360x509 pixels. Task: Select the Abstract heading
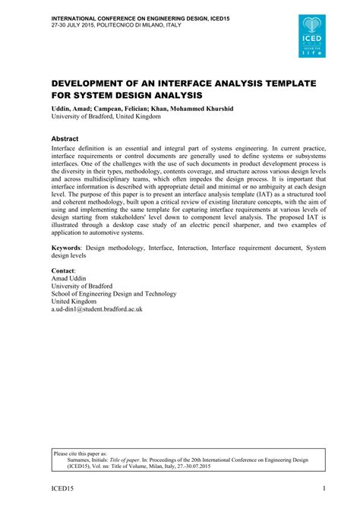pyautogui.click(x=65, y=139)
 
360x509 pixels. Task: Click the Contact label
pyautogui.click(x=64, y=270)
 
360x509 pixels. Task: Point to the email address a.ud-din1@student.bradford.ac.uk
pyautogui.click(x=97, y=309)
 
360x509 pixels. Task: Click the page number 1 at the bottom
pyautogui.click(x=325, y=488)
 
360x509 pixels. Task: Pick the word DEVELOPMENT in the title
pyautogui.click(x=99, y=83)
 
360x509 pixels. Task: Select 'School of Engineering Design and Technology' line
pyautogui.click(x=114, y=293)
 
